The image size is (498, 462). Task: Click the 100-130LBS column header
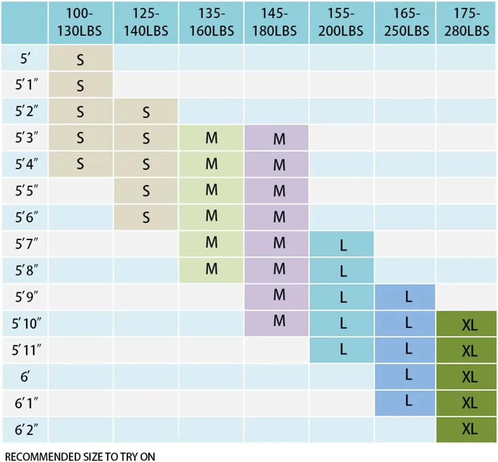pyautogui.click(x=81, y=22)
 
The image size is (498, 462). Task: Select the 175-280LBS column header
pyautogui.click(x=467, y=22)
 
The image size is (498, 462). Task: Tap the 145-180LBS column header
pyautogui.click(x=276, y=22)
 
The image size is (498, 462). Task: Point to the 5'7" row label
pyautogui.click(x=25, y=244)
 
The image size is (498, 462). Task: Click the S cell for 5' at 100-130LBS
pyautogui.click(x=81, y=59)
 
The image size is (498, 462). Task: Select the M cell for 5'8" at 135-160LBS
pyautogui.click(x=212, y=269)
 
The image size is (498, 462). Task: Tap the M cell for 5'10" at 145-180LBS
pyautogui.click(x=279, y=321)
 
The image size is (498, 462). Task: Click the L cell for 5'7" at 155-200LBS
pyautogui.click(x=343, y=245)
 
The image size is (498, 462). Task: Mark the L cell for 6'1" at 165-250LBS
pyautogui.click(x=408, y=401)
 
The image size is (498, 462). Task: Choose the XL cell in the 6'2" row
pyautogui.click(x=469, y=429)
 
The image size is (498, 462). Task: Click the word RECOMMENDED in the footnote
pyautogui.click(x=36, y=456)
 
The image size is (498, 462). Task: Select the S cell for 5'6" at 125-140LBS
pyautogui.click(x=146, y=217)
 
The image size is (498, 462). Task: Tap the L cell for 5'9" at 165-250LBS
pyautogui.click(x=408, y=297)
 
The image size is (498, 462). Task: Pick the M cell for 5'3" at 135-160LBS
pyautogui.click(x=212, y=139)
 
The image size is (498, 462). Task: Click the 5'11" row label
pyautogui.click(x=25, y=349)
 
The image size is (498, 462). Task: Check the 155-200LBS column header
pyautogui.click(x=342, y=22)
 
